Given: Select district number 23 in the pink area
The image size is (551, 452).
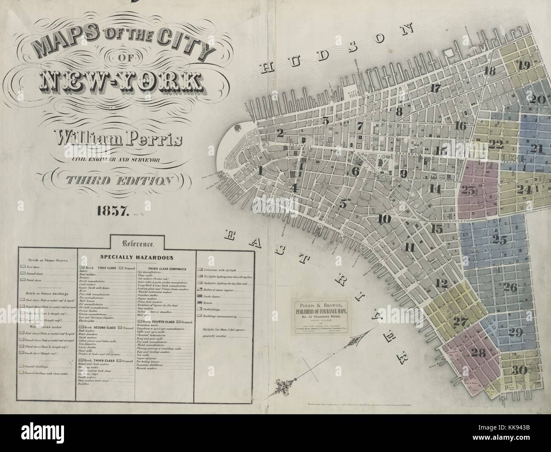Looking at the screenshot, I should [468, 190].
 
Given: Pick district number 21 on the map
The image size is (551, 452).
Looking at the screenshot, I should [536, 148].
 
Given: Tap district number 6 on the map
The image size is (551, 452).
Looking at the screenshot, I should [355, 171].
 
